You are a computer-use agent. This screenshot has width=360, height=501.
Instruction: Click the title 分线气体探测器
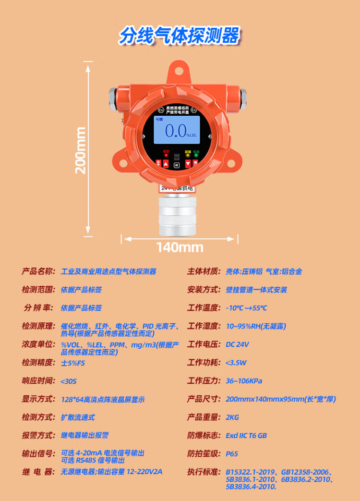180,36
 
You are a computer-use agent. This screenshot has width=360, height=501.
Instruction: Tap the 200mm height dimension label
80,149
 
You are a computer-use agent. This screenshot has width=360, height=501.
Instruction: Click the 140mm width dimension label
180,247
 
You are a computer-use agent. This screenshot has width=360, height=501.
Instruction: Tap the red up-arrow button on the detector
166,164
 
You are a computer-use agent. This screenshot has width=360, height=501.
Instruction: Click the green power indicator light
196,156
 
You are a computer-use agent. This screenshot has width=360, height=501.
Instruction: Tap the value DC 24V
237,344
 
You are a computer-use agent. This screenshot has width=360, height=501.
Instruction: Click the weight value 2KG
232,417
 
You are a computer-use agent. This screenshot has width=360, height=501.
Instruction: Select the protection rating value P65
232,454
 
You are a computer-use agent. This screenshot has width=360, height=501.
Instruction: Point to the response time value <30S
69,381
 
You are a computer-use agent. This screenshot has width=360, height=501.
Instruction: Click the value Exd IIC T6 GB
246,436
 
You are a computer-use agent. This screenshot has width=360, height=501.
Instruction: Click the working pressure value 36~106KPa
244,381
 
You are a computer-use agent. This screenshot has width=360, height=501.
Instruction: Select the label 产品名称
38,271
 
